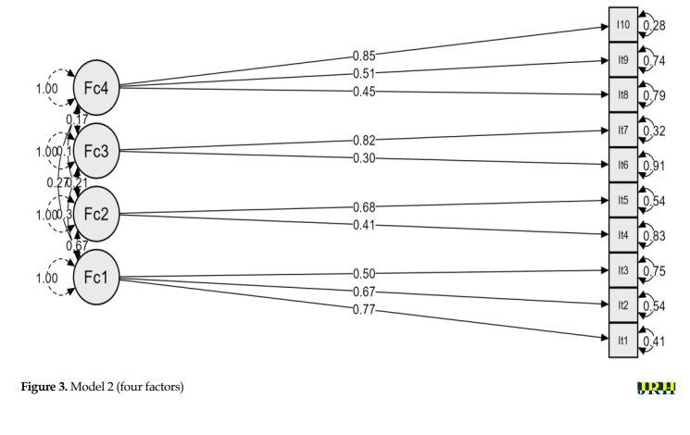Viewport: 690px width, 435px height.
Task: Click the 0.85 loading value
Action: click(x=363, y=55)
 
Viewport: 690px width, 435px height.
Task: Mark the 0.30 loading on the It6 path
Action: click(x=363, y=157)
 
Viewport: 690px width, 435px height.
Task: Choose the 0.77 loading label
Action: click(x=363, y=308)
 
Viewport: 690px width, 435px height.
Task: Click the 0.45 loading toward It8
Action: click(x=363, y=90)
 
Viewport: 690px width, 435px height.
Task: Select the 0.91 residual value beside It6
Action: click(x=655, y=167)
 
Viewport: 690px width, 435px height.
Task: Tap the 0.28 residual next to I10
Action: click(x=655, y=25)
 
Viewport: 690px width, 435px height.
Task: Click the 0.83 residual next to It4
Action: click(x=655, y=237)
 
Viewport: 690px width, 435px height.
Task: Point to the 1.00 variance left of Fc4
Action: click(x=45, y=89)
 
